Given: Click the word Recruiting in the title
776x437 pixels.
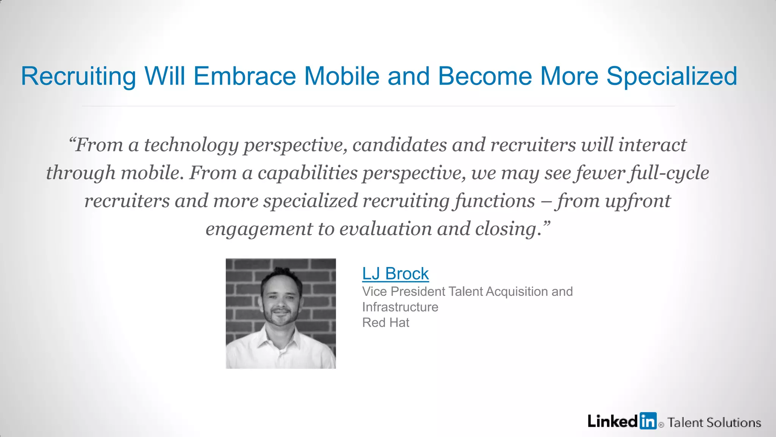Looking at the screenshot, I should pyautogui.click(x=78, y=77).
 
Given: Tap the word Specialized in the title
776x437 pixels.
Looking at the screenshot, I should pyautogui.click(x=672, y=77).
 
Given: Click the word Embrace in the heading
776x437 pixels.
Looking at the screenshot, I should pyautogui.click(x=244, y=76).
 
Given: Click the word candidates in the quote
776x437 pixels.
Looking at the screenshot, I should pyautogui.click(x=399, y=145).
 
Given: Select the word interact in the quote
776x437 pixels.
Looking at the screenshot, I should pyautogui.click(x=652, y=145).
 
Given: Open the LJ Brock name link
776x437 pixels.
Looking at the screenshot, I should pyautogui.click(x=395, y=274).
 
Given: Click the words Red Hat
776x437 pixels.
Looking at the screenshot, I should pyautogui.click(x=385, y=322).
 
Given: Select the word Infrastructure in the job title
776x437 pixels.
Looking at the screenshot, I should pyautogui.click(x=400, y=307).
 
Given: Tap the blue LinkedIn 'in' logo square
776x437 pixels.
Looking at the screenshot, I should pyautogui.click(x=648, y=421).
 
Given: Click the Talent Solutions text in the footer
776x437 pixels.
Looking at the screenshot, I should pyautogui.click(x=714, y=423).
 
